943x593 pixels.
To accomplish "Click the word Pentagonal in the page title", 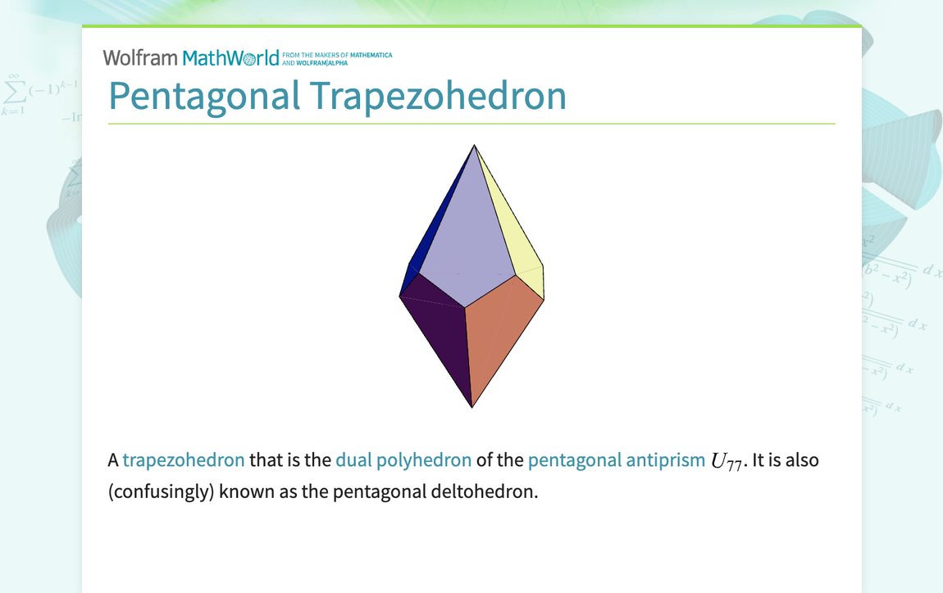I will [x=204, y=97].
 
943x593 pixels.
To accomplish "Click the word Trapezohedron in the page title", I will [x=439, y=97].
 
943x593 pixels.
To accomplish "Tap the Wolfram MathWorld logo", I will [x=190, y=58].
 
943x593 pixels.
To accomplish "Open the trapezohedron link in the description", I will [x=184, y=460].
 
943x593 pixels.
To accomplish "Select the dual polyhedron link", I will [x=403, y=460].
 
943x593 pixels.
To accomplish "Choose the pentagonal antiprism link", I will [x=616, y=460].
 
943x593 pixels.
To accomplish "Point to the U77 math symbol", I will [x=727, y=462].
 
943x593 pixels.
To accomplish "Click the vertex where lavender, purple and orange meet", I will [x=465, y=308].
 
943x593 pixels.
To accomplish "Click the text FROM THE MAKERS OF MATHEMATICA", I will [x=337, y=56].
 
